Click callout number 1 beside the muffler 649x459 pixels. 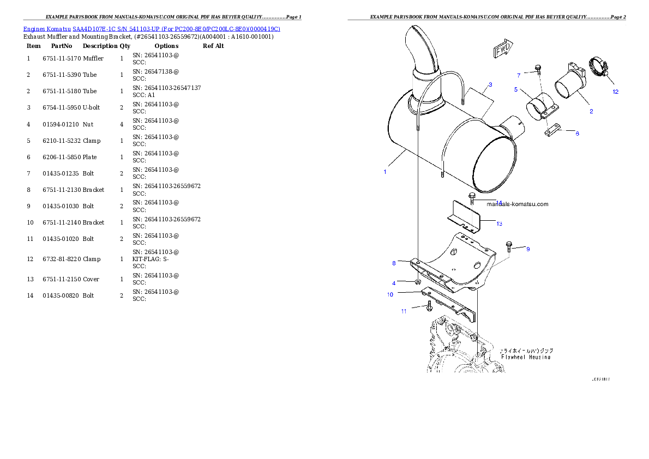click(x=384, y=172)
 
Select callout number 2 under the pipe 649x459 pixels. click(x=591, y=111)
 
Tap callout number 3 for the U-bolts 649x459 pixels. click(x=490, y=84)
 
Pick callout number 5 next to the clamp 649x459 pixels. click(x=516, y=89)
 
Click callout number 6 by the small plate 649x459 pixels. click(x=578, y=134)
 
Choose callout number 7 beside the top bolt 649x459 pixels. click(x=519, y=75)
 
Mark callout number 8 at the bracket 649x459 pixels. click(x=394, y=263)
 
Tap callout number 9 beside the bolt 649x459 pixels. click(x=528, y=249)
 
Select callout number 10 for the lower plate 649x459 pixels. click(x=390, y=294)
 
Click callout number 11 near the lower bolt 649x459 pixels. click(x=404, y=311)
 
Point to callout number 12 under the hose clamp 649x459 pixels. click(x=616, y=92)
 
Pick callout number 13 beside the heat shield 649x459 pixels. click(x=499, y=223)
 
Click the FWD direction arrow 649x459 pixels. click(x=503, y=50)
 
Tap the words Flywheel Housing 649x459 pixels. click(x=526, y=357)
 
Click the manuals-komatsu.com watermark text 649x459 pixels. click(x=517, y=204)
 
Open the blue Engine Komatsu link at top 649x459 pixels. click(x=152, y=29)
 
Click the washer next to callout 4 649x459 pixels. click(x=417, y=282)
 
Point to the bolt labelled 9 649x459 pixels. click(x=509, y=247)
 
